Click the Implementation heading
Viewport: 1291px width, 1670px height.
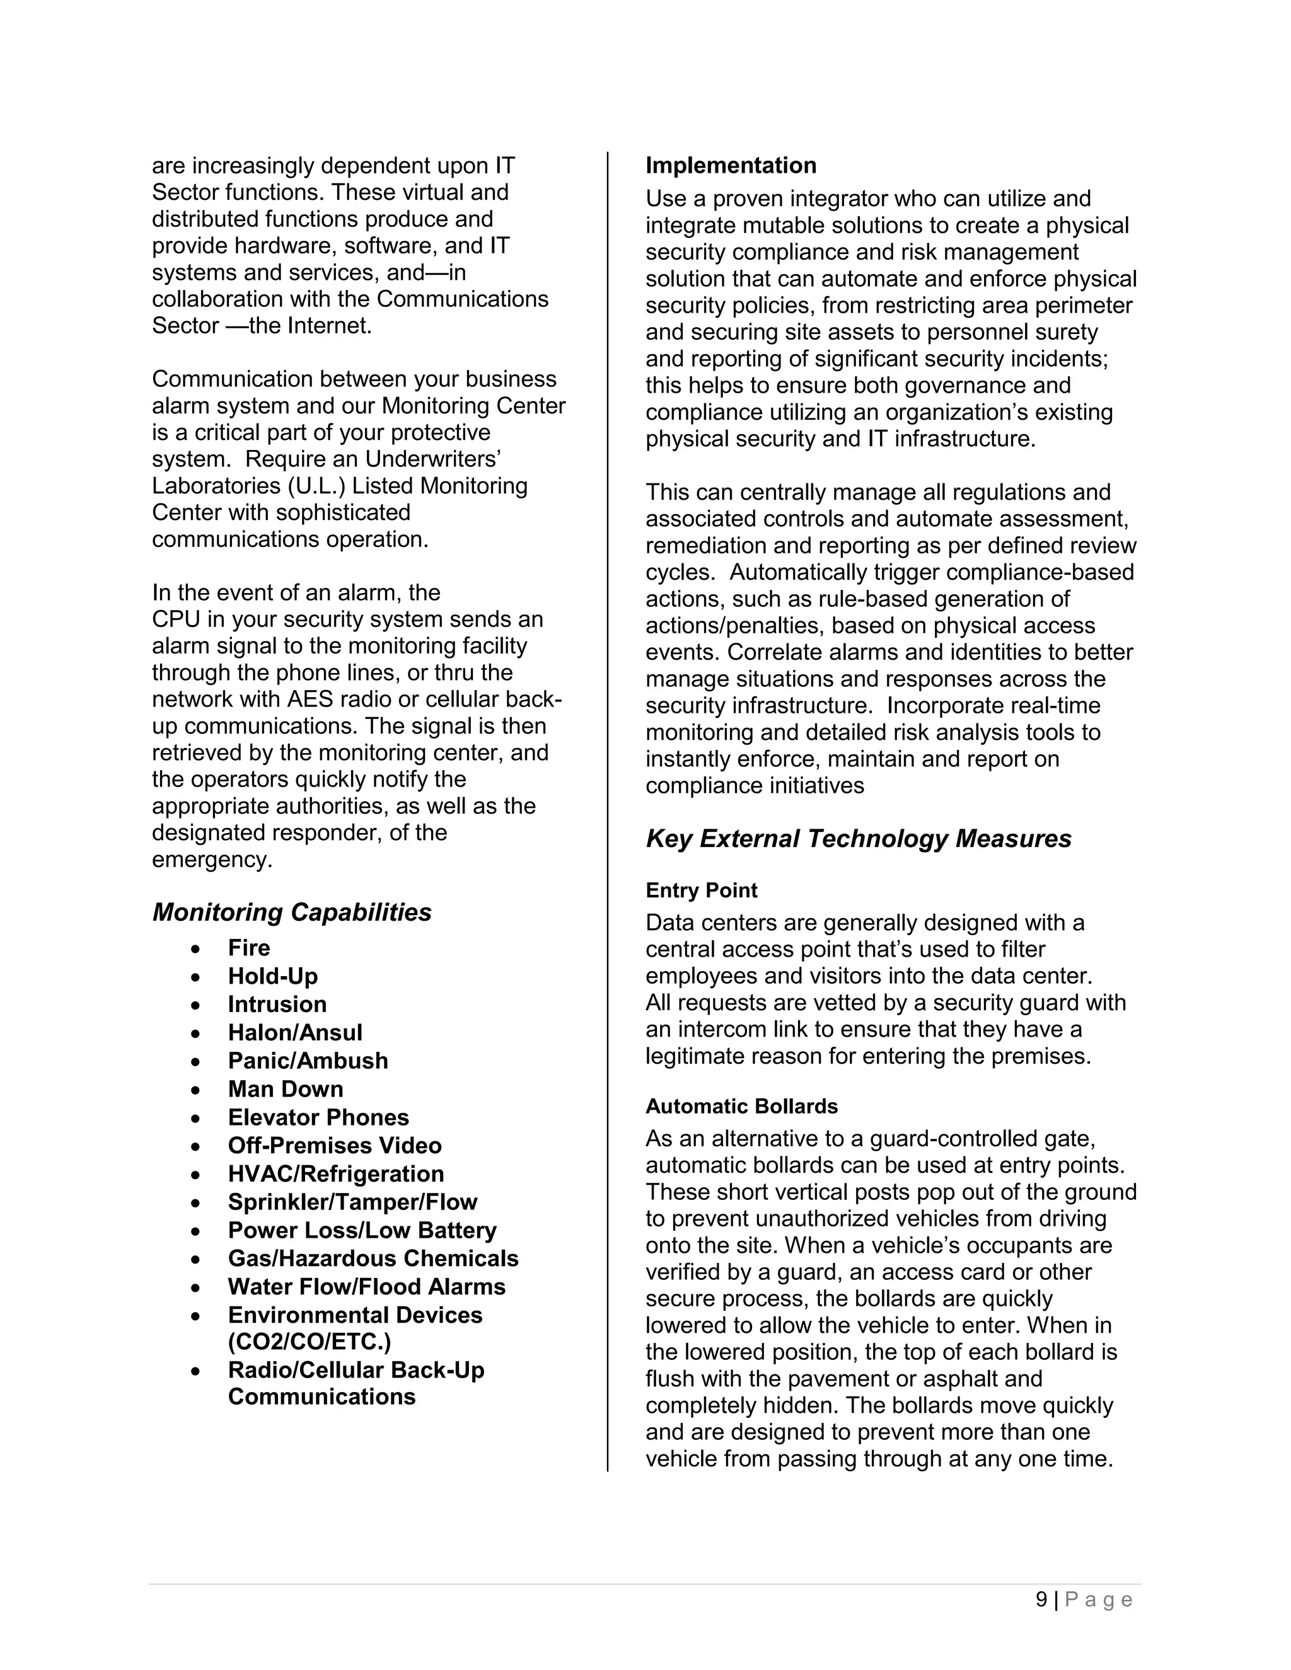coord(731,166)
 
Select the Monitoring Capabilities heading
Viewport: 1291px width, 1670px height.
coord(291,913)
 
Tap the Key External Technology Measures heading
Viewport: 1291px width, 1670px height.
coord(858,839)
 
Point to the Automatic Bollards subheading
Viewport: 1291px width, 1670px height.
coord(741,1107)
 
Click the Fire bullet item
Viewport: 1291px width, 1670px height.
coord(248,948)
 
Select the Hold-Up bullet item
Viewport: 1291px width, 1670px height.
coord(272,976)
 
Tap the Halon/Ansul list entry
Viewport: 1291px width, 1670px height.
coord(294,1033)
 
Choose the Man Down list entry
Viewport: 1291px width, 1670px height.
coord(286,1089)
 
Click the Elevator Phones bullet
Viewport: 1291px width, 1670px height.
coord(318,1117)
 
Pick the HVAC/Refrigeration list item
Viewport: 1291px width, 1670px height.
coord(335,1174)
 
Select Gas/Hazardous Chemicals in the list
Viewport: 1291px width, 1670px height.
coord(373,1258)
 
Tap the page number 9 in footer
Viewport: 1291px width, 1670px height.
coord(1041,1599)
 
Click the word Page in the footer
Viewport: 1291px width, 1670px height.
coord(1099,1599)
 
